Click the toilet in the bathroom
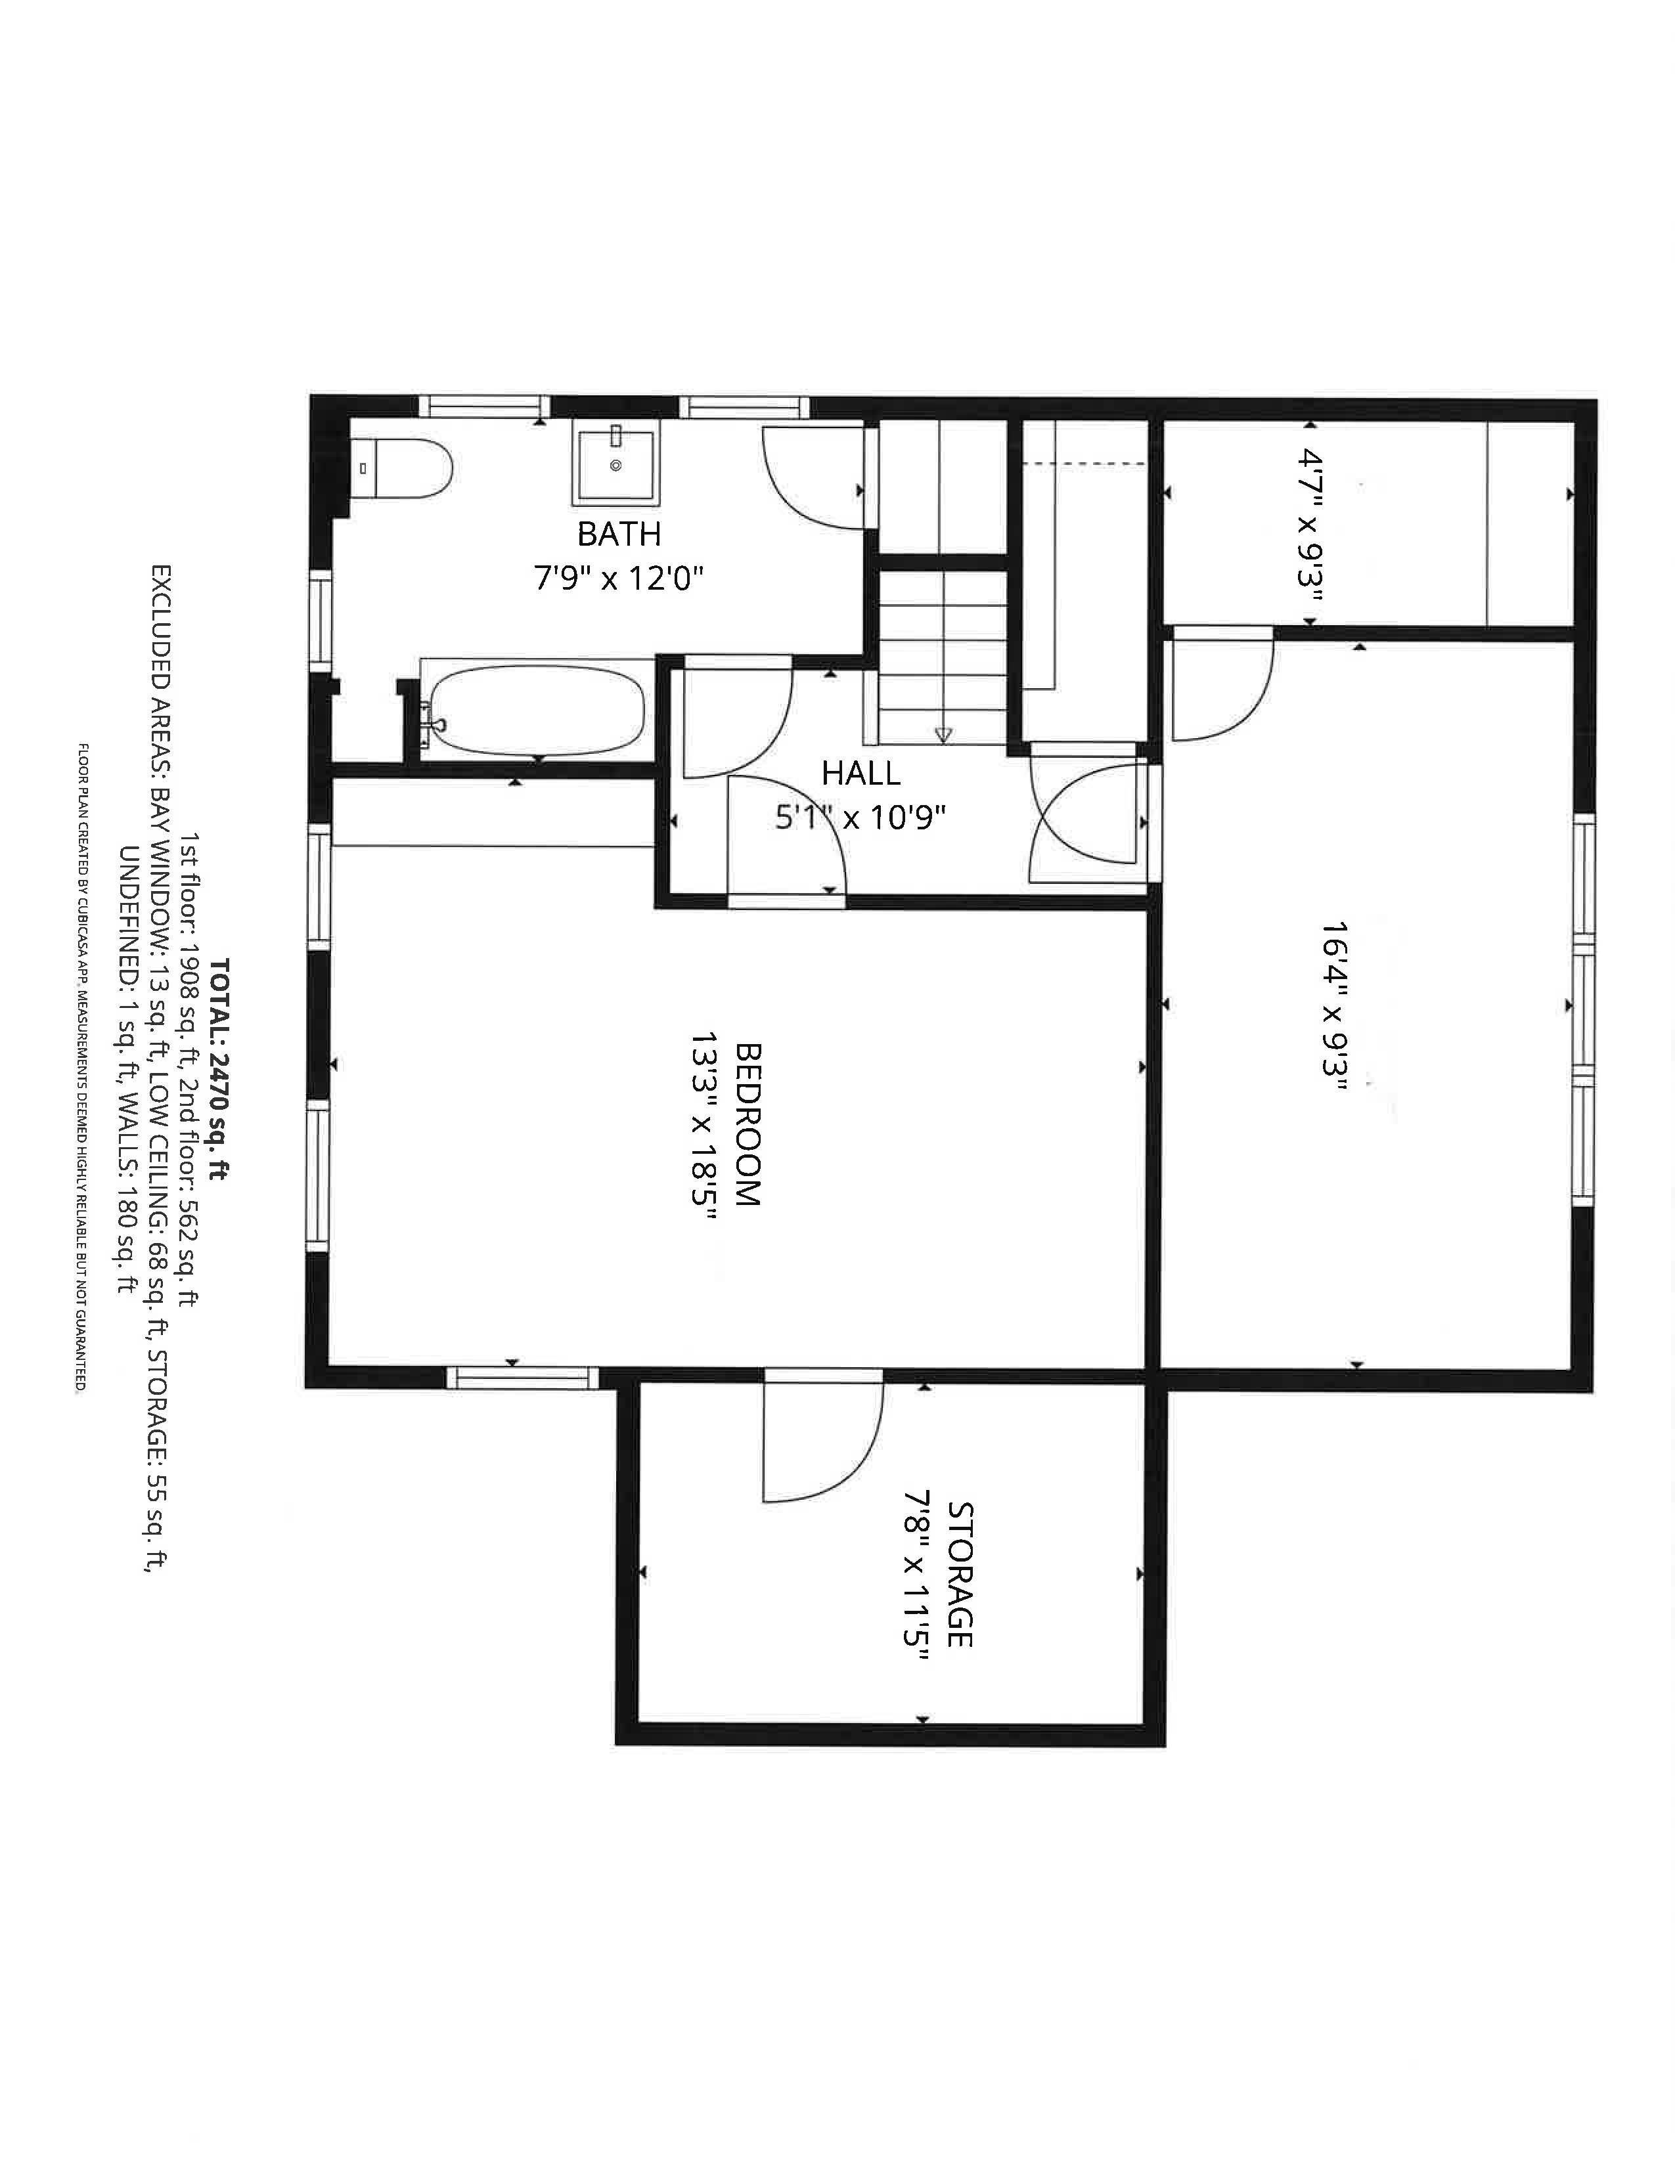(x=407, y=468)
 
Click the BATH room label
(x=618, y=535)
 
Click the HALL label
(x=860, y=773)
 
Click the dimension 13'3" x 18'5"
(x=703, y=1123)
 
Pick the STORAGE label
(x=958, y=1575)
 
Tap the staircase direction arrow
(x=943, y=735)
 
